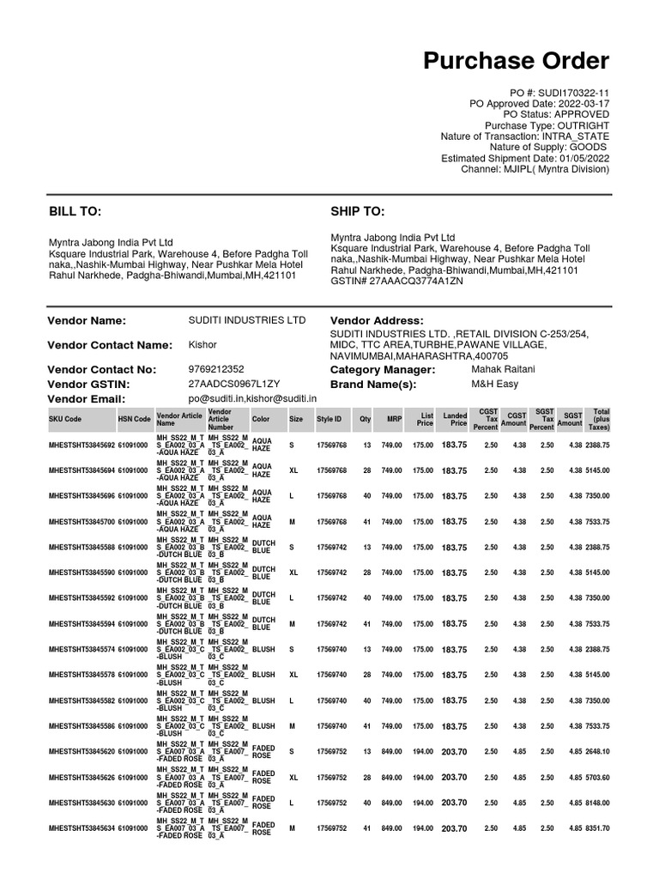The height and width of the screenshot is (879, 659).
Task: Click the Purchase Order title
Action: [517, 61]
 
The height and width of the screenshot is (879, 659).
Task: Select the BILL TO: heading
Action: [76, 211]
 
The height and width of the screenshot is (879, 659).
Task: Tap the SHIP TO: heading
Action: [358, 211]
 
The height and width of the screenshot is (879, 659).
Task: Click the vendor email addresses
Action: [252, 399]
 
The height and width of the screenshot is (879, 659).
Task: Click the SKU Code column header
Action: [66, 419]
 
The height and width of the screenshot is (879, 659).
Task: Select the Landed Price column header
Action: [455, 419]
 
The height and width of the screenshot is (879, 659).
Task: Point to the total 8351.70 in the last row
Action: [596, 828]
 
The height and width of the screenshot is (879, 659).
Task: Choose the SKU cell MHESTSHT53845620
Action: [82, 751]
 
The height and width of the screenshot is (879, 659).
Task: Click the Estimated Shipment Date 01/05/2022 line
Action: [525, 158]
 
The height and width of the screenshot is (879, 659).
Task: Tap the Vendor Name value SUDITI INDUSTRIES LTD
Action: [247, 320]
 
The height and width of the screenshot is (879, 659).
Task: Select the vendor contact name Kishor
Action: [203, 344]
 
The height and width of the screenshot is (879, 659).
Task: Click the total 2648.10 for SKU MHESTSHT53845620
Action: [596, 751]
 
